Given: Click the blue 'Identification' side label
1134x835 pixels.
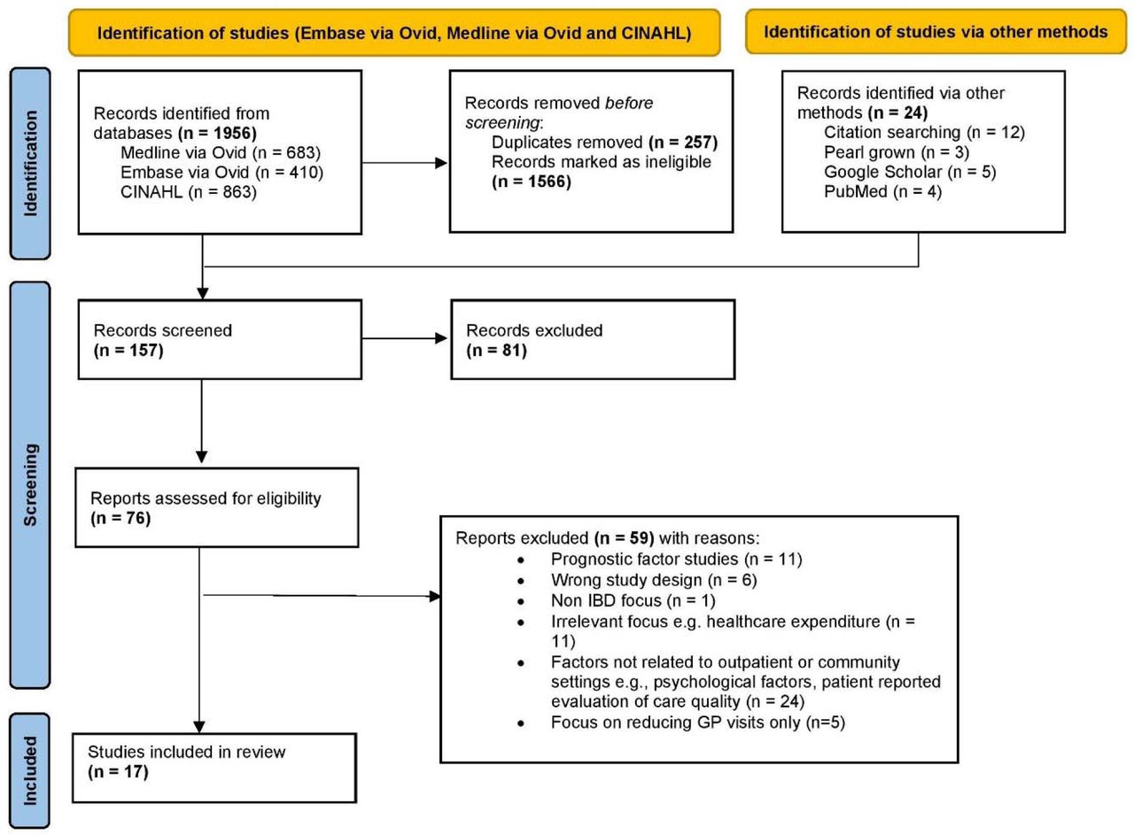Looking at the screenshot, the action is (30, 164).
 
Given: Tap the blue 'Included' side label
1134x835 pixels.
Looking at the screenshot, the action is (30, 770).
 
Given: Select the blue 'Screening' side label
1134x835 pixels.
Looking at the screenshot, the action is (30, 485).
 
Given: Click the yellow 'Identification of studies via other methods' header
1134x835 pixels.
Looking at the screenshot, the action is (936, 32).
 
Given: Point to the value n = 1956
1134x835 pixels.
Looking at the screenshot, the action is (218, 133).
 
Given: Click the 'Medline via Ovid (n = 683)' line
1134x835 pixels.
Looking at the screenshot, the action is (221, 152).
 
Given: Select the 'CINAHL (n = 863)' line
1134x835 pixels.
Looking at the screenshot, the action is (189, 192).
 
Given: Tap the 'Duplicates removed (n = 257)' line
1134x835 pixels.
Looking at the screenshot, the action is (604, 143).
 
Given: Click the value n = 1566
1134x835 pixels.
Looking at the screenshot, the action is (532, 182).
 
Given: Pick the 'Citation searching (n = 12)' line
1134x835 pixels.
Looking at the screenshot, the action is (924, 132).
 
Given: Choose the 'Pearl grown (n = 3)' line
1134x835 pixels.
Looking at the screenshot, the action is (897, 151).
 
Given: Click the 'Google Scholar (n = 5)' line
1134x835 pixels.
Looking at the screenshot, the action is (910, 172).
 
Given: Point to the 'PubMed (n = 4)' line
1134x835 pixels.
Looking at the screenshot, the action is (883, 191).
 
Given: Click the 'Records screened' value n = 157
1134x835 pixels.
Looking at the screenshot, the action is (128, 350).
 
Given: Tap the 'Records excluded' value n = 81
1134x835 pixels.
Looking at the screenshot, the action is (497, 350).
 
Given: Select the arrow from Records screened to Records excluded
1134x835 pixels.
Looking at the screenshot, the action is (405, 338).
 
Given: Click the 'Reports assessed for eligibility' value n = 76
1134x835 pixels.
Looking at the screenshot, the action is (120, 518).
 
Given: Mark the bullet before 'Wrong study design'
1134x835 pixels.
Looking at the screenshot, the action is (522, 581).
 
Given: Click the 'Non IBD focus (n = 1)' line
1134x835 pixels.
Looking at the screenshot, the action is (633, 600).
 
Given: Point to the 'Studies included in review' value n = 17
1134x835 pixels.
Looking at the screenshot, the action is (118, 772).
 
